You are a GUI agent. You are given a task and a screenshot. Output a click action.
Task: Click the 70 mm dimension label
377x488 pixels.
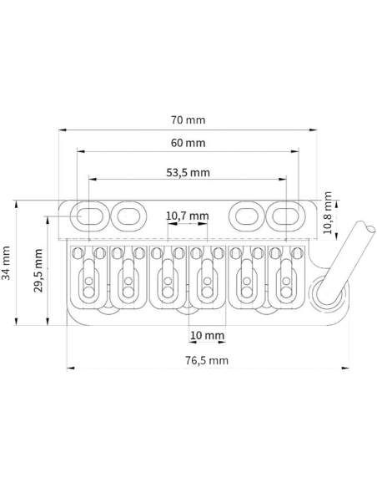[188, 119]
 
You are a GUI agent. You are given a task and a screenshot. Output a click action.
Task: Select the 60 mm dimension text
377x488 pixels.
[188, 143]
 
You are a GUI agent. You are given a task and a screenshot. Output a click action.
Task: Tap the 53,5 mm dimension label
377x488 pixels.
[188, 172]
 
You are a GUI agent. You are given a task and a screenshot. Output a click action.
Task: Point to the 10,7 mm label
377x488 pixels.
[188, 216]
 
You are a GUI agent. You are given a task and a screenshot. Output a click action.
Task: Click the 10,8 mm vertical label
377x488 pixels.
[327, 212]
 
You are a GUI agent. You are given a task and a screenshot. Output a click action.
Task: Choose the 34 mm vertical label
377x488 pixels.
[6, 263]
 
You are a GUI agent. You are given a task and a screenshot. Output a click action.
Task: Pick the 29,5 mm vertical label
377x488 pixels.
[38, 271]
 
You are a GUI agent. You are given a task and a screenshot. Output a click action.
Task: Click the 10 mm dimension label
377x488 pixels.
[207, 336]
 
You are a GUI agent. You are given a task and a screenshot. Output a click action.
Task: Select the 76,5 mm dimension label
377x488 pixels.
[207, 360]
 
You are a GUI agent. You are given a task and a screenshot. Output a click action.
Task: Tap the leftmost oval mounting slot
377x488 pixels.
[90, 216]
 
